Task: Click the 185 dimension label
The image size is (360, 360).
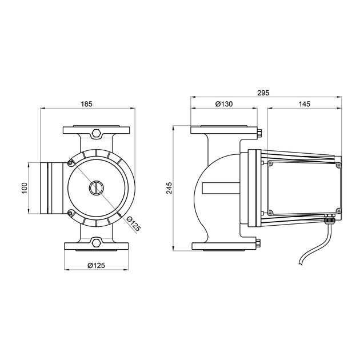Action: tap(86, 104)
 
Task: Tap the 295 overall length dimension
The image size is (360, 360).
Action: tap(263, 93)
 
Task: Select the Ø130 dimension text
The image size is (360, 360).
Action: tap(224, 104)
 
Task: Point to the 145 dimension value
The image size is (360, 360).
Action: tap(305, 104)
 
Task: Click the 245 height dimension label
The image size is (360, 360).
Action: tap(169, 188)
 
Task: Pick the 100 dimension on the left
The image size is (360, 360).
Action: tap(25, 188)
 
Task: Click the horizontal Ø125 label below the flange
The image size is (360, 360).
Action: tap(96, 265)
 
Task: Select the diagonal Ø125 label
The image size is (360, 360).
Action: tap(134, 223)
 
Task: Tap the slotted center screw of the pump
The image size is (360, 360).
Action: tap(97, 188)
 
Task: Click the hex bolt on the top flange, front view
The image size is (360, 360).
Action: tap(96, 133)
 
